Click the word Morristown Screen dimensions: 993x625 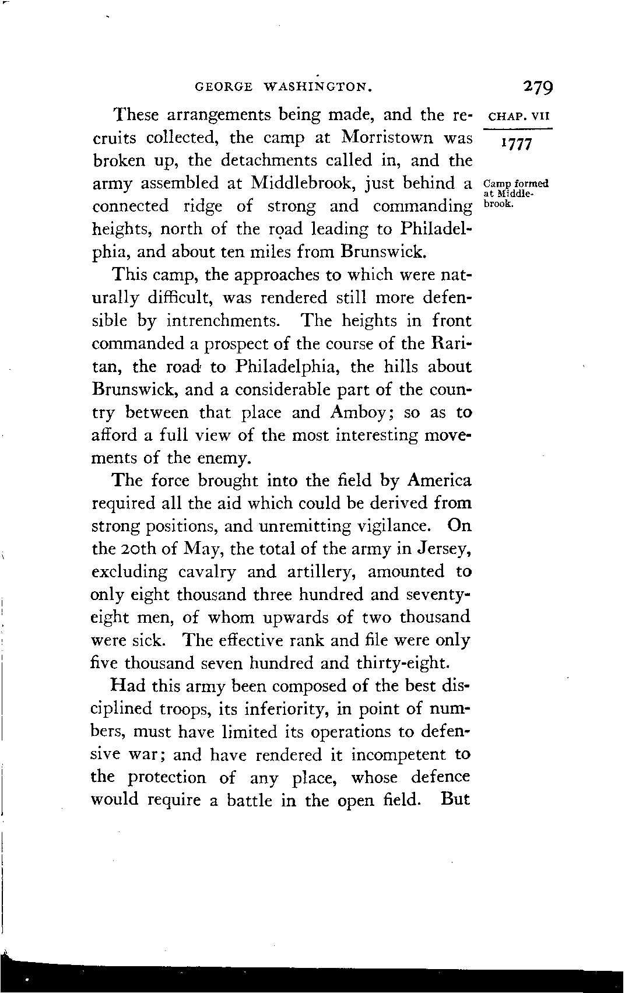tap(387, 138)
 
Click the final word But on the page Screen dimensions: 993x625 tap(455, 799)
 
